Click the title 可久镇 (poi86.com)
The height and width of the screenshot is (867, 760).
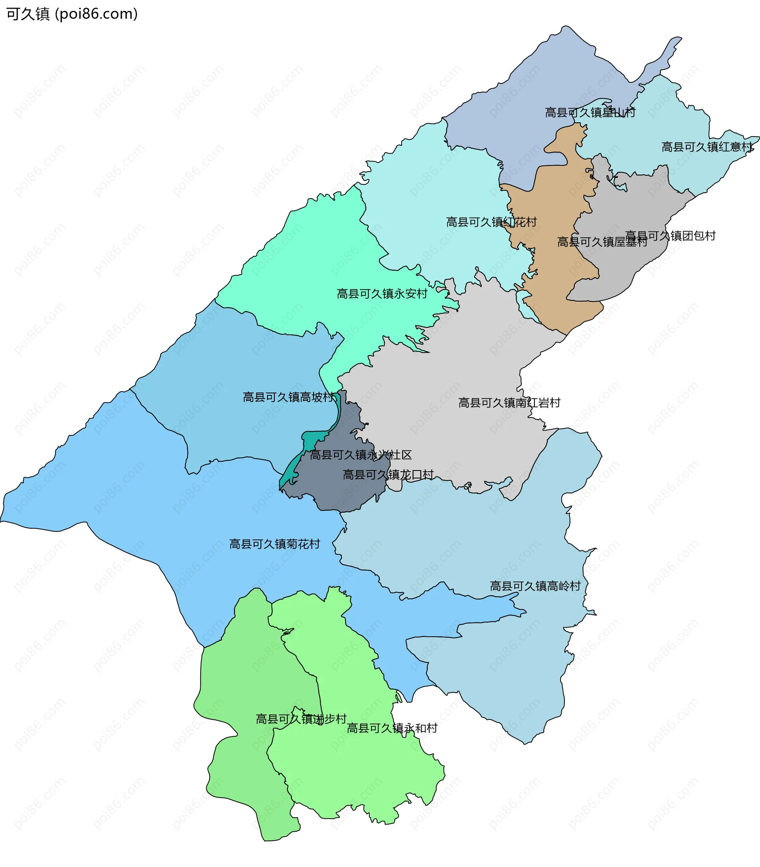pos(72,14)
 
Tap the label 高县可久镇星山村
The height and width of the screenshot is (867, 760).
pos(590,112)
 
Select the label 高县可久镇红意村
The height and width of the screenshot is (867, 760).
pos(707,147)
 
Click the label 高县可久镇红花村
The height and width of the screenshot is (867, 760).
pos(491,222)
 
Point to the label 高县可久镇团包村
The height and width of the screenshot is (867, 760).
pos(670,236)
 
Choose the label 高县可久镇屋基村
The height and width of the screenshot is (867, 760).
pos(602,242)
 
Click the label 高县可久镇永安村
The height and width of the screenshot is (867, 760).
pos(382,293)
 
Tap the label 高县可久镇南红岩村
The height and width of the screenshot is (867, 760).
pos(509,402)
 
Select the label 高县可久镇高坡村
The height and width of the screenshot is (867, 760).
pos(289,397)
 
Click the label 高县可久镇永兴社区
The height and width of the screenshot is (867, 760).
pos(361,455)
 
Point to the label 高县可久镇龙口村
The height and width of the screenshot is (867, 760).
pos(388,474)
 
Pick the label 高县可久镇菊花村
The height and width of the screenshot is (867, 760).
pos(274,544)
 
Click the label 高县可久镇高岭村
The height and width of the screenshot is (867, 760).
pos(535,586)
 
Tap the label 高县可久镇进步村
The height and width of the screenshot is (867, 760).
pos(301,719)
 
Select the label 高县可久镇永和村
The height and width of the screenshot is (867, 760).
pos(392,728)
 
